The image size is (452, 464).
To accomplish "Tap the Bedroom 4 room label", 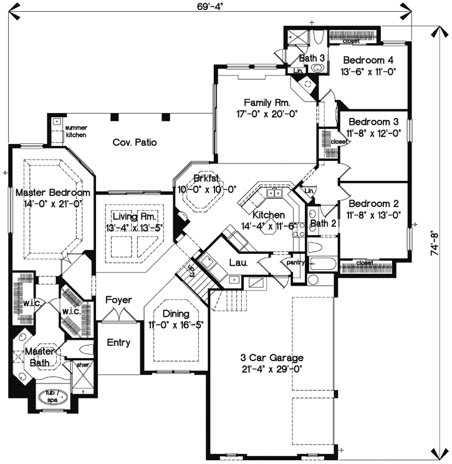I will coord(368,60).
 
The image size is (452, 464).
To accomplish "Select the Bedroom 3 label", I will coord(373,122).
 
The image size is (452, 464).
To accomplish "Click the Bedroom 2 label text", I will coord(373,204).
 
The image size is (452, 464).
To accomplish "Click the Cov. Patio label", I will coord(134,143).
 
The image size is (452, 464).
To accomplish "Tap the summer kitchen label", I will coord(77,131).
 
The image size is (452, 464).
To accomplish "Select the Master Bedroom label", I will coord(53,193).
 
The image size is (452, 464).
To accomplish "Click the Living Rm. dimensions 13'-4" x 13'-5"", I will coord(134,227).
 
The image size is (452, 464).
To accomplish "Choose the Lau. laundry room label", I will coord(239,263).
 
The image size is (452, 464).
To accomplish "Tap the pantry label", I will coord(295,263).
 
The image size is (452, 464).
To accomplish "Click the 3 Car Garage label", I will coord(272,357).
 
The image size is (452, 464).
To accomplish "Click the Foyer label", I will coord(118,300).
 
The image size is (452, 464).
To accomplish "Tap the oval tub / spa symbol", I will coord(52,395).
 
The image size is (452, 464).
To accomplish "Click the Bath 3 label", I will coord(312,58).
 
